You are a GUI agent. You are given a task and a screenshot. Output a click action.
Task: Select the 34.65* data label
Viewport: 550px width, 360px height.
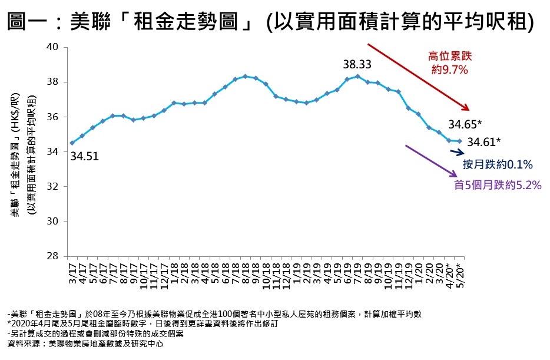pos(465,124)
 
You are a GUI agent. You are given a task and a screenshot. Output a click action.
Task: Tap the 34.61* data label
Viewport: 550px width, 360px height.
pos(484,141)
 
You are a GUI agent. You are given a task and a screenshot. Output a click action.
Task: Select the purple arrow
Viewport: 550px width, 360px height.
pos(431,160)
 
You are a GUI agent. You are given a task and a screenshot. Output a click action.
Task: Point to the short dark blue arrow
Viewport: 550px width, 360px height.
pos(458,153)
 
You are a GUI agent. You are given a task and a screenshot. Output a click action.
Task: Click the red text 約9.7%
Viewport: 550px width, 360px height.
pos(449,70)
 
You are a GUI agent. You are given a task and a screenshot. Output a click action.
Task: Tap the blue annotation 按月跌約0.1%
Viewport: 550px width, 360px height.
pos(497,164)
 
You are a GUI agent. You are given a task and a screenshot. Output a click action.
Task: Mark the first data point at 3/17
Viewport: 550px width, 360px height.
pos(72,143)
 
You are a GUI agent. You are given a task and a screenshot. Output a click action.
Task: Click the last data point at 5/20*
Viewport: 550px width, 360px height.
pos(460,141)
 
